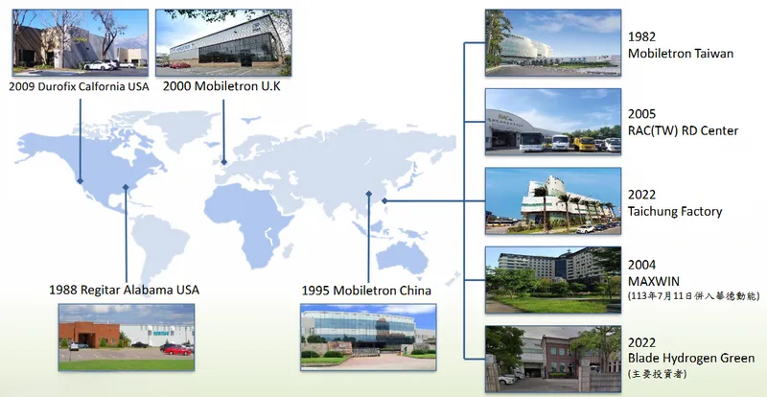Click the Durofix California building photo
[x=81, y=42]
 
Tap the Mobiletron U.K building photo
[x=223, y=42]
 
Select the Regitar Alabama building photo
[x=127, y=337]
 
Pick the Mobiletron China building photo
[x=368, y=337]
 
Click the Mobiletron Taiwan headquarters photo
[x=553, y=42]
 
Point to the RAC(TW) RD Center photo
[x=553, y=122]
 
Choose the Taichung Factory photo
[x=553, y=200]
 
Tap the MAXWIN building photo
[x=553, y=280]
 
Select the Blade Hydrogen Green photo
[x=553, y=360]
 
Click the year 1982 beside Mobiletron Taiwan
[x=641, y=36]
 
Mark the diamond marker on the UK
[x=224, y=162]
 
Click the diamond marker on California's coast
[x=81, y=181]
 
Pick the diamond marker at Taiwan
[x=384, y=200]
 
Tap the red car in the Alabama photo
[x=177, y=351]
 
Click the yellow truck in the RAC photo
[x=585, y=144]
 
